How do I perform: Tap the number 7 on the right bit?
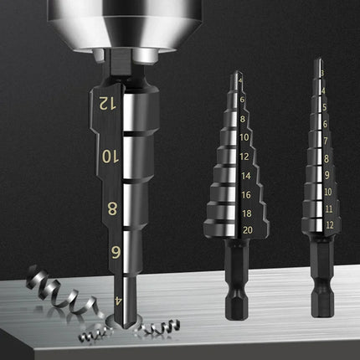click(x=325, y=141)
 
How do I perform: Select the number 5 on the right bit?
click(x=323, y=107)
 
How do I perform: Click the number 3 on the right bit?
click(x=321, y=74)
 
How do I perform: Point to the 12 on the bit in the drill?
click(x=105, y=104)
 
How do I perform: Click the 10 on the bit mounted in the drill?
click(x=107, y=155)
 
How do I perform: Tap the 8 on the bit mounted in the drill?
click(x=111, y=208)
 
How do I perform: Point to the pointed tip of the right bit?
click(x=316, y=61)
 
